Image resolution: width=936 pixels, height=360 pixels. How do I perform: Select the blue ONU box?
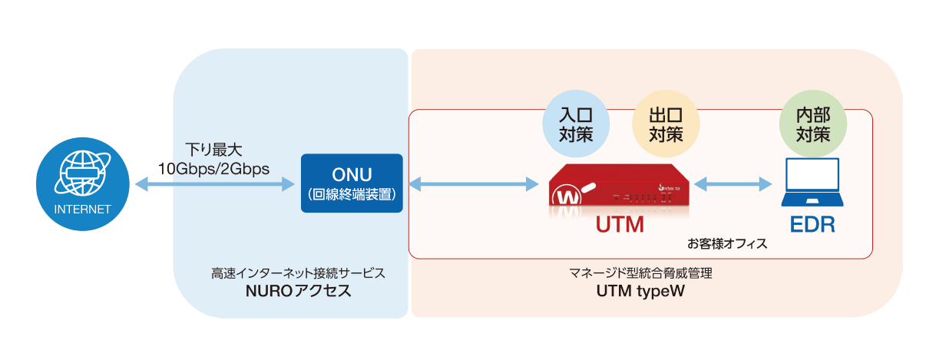point(352,183)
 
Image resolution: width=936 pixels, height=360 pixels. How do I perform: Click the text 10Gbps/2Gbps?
point(213,168)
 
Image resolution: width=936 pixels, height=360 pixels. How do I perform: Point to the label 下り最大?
point(213,148)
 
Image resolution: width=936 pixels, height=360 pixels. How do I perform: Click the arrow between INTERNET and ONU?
point(214,184)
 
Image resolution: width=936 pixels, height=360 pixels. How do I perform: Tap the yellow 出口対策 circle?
point(666,125)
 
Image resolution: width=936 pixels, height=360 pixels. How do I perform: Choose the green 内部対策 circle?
point(812,125)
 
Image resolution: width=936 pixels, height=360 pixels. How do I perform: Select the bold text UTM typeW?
point(640,292)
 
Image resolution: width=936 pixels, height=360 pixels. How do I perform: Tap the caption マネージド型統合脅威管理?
point(640,272)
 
